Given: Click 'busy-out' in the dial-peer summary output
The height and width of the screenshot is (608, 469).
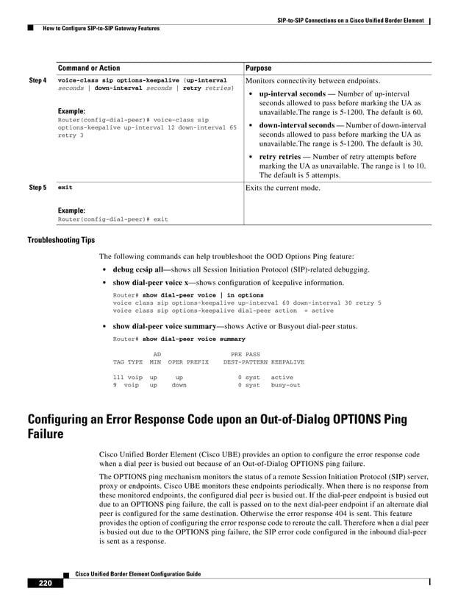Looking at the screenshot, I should click(285, 385).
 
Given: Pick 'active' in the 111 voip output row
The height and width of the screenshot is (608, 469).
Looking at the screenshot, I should click(282, 377).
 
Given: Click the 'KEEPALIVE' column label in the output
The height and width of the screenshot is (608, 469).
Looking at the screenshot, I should click(287, 362).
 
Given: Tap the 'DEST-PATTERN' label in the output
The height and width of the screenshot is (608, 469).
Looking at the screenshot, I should click(245, 362).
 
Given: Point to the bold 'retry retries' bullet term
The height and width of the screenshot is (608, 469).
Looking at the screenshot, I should click(280, 157).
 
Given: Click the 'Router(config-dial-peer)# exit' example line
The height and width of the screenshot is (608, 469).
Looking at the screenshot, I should click(112, 219).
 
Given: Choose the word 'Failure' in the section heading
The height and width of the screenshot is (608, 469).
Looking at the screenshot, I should click(45, 435).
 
